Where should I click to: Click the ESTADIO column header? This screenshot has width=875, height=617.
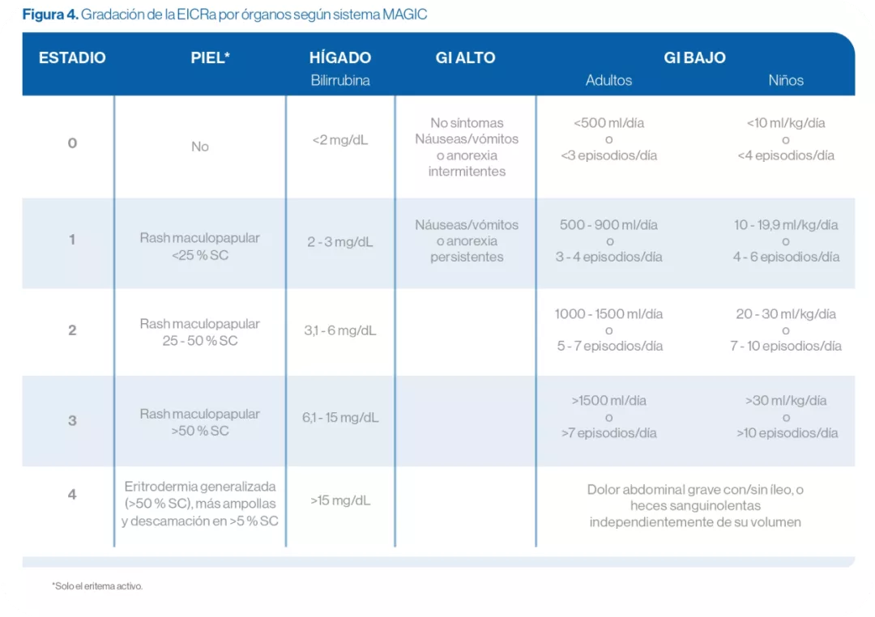point(72,58)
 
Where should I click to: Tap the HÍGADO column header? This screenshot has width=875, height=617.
point(340,58)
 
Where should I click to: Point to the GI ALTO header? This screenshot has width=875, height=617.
point(465,58)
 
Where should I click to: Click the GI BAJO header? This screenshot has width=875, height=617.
point(694,58)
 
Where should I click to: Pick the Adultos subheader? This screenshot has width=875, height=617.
point(608,80)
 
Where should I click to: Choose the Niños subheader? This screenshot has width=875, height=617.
point(786,80)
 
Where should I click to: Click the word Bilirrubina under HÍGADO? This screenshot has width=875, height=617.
point(340,80)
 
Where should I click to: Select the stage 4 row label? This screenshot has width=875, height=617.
point(72,494)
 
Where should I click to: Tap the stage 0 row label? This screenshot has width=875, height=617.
point(72,143)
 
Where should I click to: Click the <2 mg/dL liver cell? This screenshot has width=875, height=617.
point(340,140)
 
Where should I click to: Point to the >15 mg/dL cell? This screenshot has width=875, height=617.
point(340,500)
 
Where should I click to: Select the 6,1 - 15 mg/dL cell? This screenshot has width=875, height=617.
point(340,418)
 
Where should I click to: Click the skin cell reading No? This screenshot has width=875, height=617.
point(200,147)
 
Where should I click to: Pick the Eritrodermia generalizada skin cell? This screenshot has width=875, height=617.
point(200,504)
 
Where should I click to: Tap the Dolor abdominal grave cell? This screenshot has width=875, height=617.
point(695,506)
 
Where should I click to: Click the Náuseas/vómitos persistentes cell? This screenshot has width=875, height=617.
point(467,240)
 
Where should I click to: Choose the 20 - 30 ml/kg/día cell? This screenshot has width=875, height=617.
point(786,330)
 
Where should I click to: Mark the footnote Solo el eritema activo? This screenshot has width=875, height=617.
point(97,585)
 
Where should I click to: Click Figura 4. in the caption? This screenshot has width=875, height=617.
point(49,15)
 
